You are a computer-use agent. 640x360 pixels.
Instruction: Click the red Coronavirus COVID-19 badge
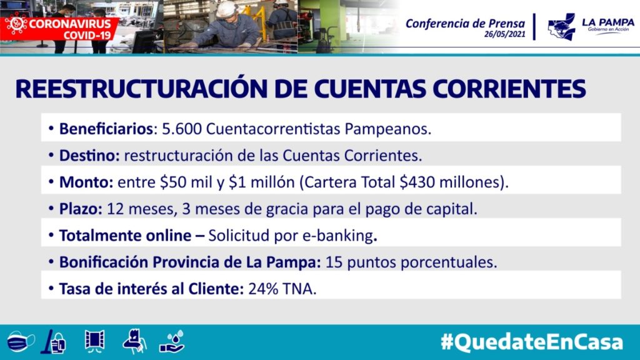[59, 29]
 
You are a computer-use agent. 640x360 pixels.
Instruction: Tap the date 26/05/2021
[505, 34]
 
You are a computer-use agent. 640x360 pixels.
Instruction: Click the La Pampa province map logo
[562, 27]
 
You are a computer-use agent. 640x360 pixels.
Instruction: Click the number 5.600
[182, 129]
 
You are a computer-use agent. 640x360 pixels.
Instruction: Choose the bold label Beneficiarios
[106, 129]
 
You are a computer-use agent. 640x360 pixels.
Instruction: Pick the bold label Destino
[89, 156]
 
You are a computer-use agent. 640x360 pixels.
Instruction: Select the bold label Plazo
[81, 209]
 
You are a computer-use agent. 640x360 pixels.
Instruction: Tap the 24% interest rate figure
[263, 289]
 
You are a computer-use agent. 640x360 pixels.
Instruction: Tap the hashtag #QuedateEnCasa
[532, 342]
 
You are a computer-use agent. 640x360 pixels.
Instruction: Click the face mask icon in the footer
[20, 341]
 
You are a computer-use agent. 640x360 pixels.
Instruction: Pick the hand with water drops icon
[172, 342]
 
